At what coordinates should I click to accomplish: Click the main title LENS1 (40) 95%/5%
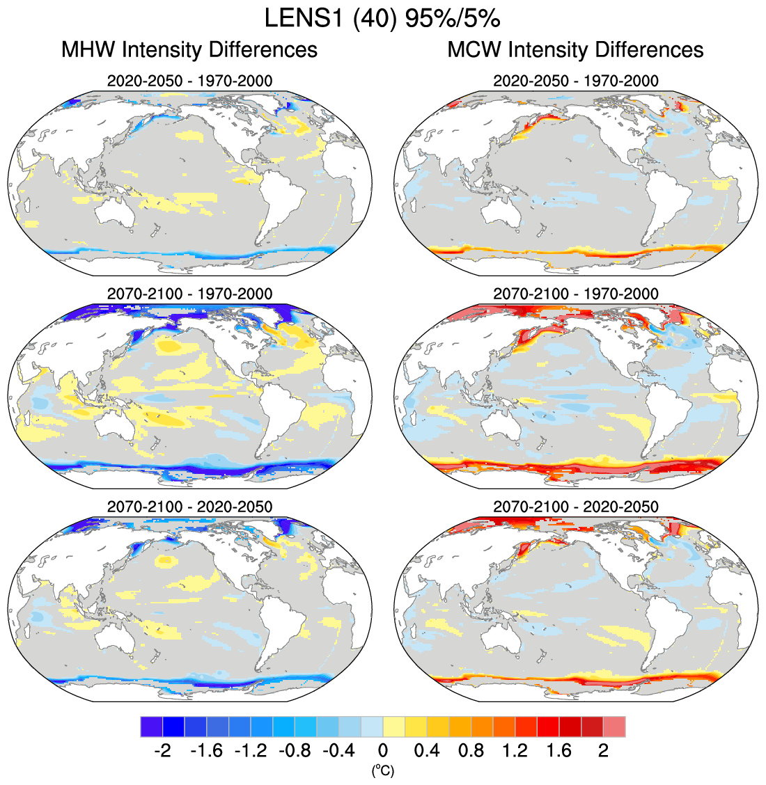[x=382, y=19]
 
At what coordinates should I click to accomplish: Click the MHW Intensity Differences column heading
[x=189, y=50]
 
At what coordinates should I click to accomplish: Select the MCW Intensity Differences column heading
[x=575, y=50]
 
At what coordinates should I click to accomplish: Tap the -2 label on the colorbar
[x=162, y=750]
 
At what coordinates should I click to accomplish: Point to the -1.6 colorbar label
[x=205, y=750]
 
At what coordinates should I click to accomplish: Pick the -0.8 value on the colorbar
[x=294, y=750]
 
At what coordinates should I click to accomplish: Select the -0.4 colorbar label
[x=338, y=750]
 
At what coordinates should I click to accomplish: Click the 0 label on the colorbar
[x=383, y=750]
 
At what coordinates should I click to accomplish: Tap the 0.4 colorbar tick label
[x=427, y=750]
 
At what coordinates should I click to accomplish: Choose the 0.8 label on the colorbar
[x=471, y=750]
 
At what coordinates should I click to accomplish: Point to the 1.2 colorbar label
[x=515, y=750]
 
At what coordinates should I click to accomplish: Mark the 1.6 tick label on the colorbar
[x=559, y=750]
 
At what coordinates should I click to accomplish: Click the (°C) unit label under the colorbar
[x=383, y=770]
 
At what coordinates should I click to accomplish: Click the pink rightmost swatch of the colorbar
[x=614, y=727]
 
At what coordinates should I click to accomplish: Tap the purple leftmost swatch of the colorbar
[x=151, y=727]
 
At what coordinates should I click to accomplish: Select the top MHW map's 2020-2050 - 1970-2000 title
[x=189, y=81]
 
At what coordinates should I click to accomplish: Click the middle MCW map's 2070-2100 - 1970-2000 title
[x=575, y=294]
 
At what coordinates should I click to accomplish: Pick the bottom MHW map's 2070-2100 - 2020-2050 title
[x=189, y=507]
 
